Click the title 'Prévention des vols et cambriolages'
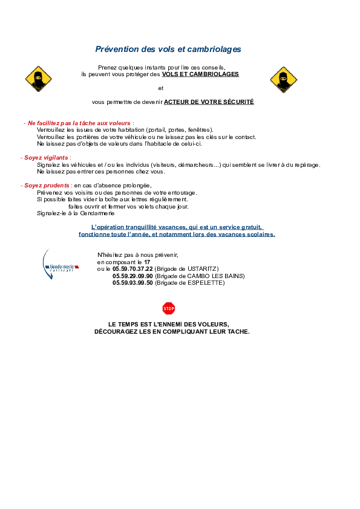coord(168,50)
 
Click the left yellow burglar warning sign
coord(38,79)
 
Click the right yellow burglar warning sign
coord(284,80)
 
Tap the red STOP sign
coord(169,308)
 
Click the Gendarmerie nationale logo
coord(61,265)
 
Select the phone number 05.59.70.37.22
coord(133,269)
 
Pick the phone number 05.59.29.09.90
coord(133,276)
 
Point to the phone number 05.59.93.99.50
coord(133,283)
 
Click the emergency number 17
coord(147,262)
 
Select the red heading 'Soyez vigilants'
coord(46,158)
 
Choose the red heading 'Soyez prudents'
coord(47,186)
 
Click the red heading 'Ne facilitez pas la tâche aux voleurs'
coord(79,123)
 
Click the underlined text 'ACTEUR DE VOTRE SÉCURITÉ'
coord(209,102)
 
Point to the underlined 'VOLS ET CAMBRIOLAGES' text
coord(200,74)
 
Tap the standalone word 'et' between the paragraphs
coord(161,88)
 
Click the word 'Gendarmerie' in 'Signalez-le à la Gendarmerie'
coord(97,213)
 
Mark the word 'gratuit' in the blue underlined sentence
coord(252,227)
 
